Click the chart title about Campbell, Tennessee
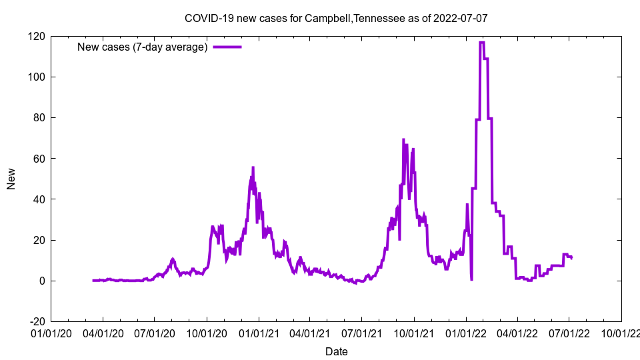[336, 18]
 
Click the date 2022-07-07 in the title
[460, 18]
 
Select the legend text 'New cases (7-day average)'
[143, 47]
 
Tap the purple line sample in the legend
[227, 47]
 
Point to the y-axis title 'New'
[11, 179]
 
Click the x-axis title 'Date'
[336, 351]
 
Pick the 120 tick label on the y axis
[37, 36]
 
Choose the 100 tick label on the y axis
[37, 77]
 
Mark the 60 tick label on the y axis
[39, 159]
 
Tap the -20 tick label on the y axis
[37, 321]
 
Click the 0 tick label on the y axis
[42, 281]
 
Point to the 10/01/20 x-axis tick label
[206, 331]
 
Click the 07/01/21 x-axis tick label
[361, 331]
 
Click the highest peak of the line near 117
[481, 43]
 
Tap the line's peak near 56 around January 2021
[253, 167]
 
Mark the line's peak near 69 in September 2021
[403, 140]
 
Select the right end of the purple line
[571, 257]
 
